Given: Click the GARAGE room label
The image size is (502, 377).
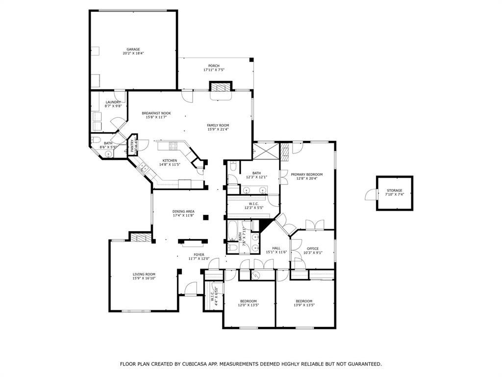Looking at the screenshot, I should point(133,49).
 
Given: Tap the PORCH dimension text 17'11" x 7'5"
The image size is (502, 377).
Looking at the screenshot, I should point(214,70).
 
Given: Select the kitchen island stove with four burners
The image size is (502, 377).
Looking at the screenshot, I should point(174,145).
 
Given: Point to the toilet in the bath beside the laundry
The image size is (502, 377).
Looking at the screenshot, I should point(97,138).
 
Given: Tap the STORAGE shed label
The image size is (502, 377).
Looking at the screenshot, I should point(394,190).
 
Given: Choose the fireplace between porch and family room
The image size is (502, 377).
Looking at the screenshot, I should point(220,87).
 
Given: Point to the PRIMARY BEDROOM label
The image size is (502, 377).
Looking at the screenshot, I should point(306,174).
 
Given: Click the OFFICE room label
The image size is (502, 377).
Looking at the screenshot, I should point(312,248).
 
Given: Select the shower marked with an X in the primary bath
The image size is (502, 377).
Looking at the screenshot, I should point(265,150).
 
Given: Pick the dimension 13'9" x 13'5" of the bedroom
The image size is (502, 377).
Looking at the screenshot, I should point(303,305).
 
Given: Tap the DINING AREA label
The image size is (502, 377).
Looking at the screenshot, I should point(183,212).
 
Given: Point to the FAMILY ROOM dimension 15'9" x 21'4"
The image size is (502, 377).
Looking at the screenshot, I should point(218,130).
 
